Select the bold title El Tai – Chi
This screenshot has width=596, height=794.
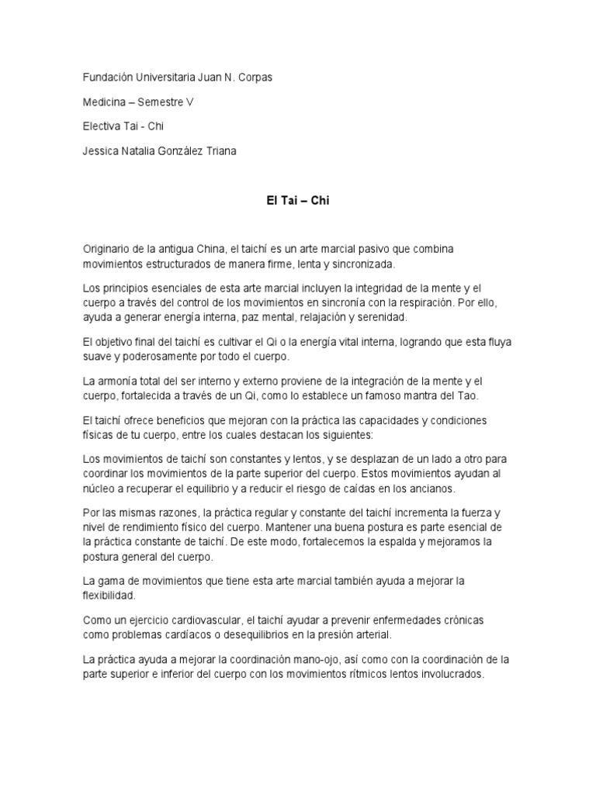click(298, 200)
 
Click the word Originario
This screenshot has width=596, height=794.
click(109, 250)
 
